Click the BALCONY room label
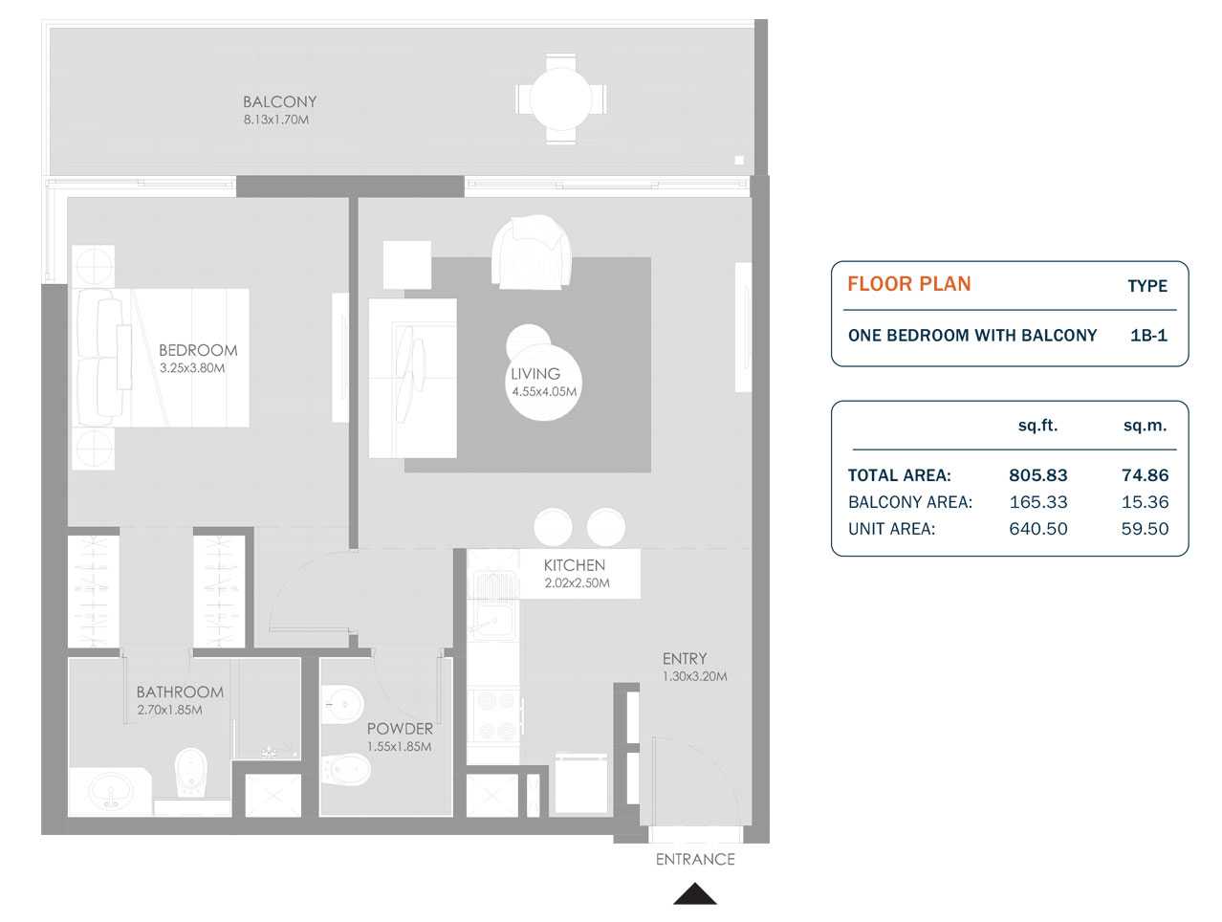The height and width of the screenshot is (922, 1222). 279,101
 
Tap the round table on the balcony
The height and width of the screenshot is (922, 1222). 560,99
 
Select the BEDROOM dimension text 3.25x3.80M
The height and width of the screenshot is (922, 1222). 192,368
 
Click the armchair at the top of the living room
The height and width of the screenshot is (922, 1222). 531,252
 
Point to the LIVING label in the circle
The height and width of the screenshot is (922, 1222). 535,374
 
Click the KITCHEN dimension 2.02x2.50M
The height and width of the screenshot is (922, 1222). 577,583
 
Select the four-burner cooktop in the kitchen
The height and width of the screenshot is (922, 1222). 494,715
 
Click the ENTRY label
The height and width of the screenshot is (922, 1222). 685,659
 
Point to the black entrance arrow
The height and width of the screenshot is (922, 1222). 695,895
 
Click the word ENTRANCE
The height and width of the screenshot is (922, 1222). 695,860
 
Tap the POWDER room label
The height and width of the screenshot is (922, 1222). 400,729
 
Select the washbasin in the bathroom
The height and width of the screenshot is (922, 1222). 111,791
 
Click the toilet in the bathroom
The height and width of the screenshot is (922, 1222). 190,773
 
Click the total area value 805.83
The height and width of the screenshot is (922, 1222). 1037,475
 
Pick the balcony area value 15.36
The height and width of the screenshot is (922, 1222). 1145,502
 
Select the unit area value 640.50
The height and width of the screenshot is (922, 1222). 1037,529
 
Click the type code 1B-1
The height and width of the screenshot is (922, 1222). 1148,336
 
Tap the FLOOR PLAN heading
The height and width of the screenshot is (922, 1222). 908,284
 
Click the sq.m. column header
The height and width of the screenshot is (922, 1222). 1145,427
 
